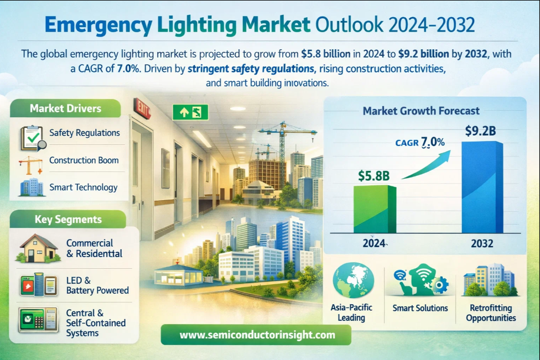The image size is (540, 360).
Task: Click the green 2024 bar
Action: pos(375,209)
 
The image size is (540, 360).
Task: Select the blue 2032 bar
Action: pos(482,187)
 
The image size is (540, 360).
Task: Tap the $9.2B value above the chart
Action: pos(480,131)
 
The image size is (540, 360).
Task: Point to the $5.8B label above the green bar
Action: pos(374,176)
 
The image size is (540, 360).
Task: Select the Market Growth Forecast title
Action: pos(421,111)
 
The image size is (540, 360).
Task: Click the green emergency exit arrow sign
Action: pos(190,112)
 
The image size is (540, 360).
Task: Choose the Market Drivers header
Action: pos(65,108)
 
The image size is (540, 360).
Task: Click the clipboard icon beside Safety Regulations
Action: pos(31,137)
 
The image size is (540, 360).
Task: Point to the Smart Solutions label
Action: pos(420,308)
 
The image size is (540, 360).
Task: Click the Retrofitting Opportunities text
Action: pos(491,313)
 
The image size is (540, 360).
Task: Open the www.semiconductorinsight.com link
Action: pos(257,335)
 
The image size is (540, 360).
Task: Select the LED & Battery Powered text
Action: pos(97,285)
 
